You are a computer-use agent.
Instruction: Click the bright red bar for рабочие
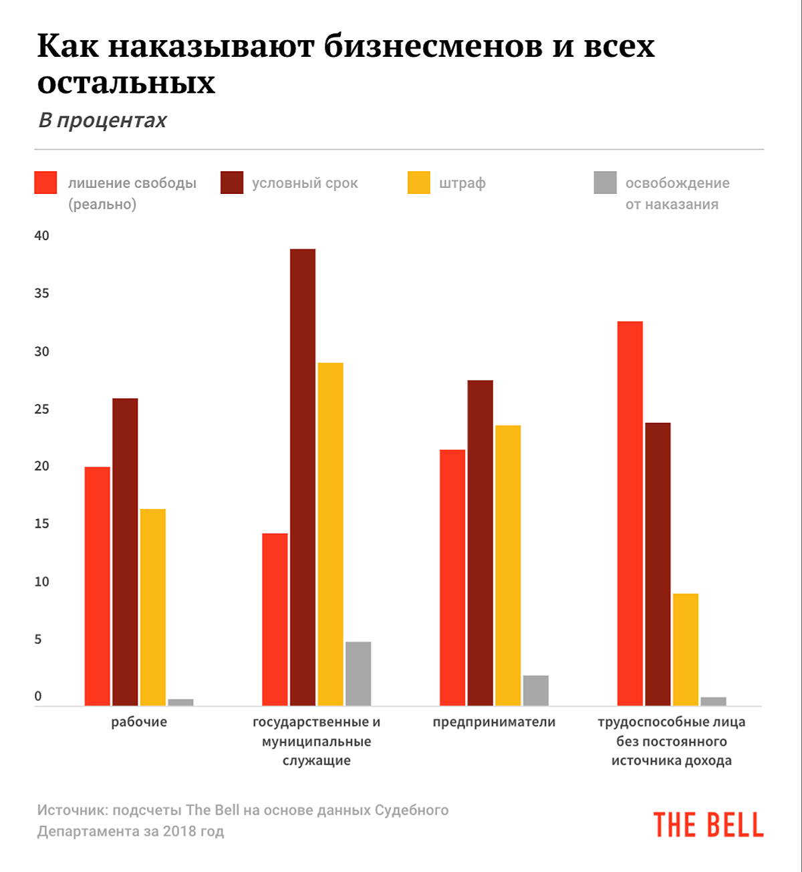[97, 586]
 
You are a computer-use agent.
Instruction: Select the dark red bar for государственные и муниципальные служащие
[303, 477]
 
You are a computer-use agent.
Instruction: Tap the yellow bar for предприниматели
[508, 565]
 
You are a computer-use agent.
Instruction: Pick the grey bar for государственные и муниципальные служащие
[358, 673]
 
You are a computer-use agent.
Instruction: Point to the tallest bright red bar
[630, 513]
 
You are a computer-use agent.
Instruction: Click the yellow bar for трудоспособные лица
[686, 649]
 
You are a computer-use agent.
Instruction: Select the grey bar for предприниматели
[535, 690]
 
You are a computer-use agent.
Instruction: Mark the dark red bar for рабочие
[125, 552]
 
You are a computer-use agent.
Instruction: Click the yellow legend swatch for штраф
[419, 183]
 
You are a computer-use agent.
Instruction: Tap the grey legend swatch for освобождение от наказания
[605, 183]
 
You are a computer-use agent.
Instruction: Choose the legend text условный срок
[305, 183]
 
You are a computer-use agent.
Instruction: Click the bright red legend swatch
[45, 183]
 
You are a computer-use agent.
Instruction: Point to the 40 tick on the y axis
[41, 235]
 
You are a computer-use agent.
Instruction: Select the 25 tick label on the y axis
[41, 409]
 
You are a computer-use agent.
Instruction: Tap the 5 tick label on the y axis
[38, 639]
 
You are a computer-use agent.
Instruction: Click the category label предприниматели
[494, 722]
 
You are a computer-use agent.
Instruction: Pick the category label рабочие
[139, 722]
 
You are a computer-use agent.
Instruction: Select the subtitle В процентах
[102, 120]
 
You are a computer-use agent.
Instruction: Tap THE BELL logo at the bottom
[708, 825]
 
